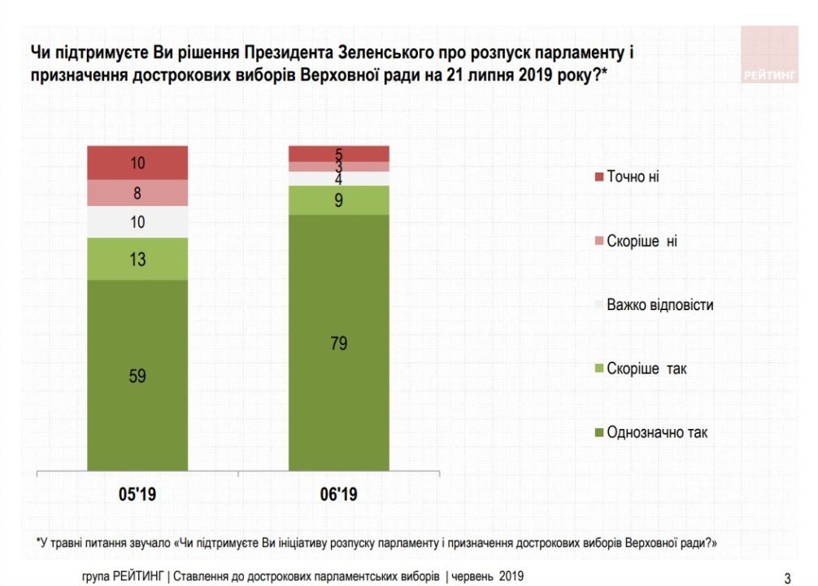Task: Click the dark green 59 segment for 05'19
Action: point(137,375)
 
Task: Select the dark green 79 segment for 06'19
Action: point(339,343)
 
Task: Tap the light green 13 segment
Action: point(137,259)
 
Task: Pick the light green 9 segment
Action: point(339,200)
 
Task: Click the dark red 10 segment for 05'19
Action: point(137,163)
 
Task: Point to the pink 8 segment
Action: point(137,193)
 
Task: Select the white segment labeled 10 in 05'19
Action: point(137,221)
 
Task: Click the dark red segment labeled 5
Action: point(339,154)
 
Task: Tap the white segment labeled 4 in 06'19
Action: point(339,178)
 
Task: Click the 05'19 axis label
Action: point(137,494)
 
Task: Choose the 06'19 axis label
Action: point(339,494)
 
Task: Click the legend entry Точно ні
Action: point(632,177)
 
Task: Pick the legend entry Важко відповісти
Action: point(659,305)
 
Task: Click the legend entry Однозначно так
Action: point(656,432)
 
